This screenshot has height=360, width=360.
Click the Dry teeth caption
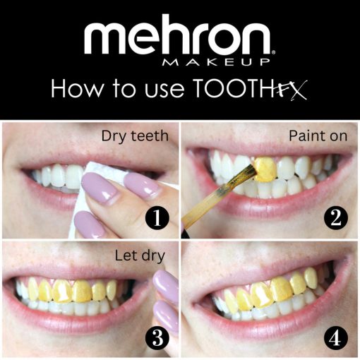tap(135, 136)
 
